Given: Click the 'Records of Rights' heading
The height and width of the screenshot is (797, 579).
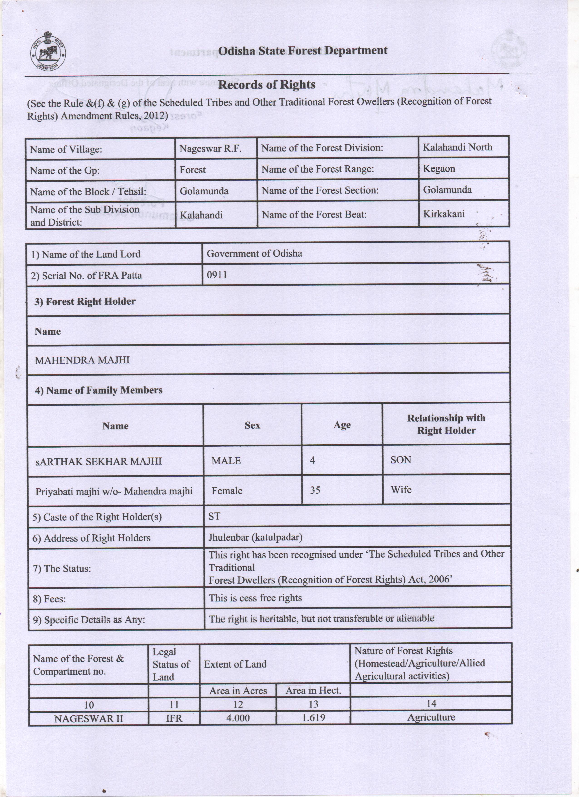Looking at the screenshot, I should [267, 85].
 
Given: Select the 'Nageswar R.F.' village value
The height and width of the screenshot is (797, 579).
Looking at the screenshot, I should [210, 149].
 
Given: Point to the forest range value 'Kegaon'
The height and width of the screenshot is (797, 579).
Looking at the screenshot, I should [439, 169].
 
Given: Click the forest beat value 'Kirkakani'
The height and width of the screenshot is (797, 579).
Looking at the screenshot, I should [444, 214].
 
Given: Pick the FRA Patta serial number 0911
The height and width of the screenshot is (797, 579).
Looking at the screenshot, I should [217, 275].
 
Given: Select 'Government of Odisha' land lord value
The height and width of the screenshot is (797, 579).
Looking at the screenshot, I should [254, 253].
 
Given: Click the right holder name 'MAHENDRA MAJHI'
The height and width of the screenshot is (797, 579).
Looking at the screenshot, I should [82, 360].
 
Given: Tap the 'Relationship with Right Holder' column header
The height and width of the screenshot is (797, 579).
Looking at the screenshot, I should [446, 424].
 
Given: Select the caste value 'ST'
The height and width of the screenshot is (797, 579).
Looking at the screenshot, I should [214, 516].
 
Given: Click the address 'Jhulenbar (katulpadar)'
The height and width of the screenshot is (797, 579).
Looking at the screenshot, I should [255, 537].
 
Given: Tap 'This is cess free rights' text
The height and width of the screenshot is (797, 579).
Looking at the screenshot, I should [255, 598].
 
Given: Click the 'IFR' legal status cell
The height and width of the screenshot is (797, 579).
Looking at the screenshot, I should [174, 718].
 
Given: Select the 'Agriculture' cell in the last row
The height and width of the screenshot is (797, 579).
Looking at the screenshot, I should [431, 717].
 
